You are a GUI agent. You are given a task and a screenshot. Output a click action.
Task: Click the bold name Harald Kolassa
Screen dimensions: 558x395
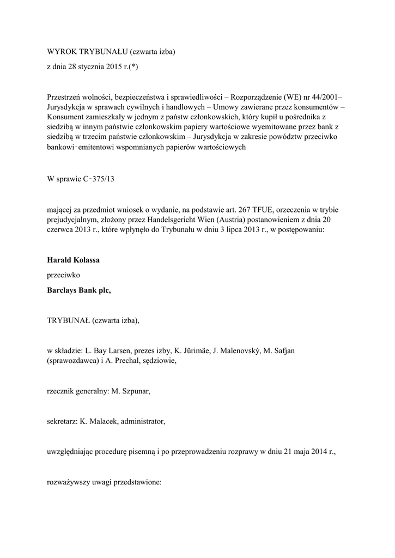[74, 260]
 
